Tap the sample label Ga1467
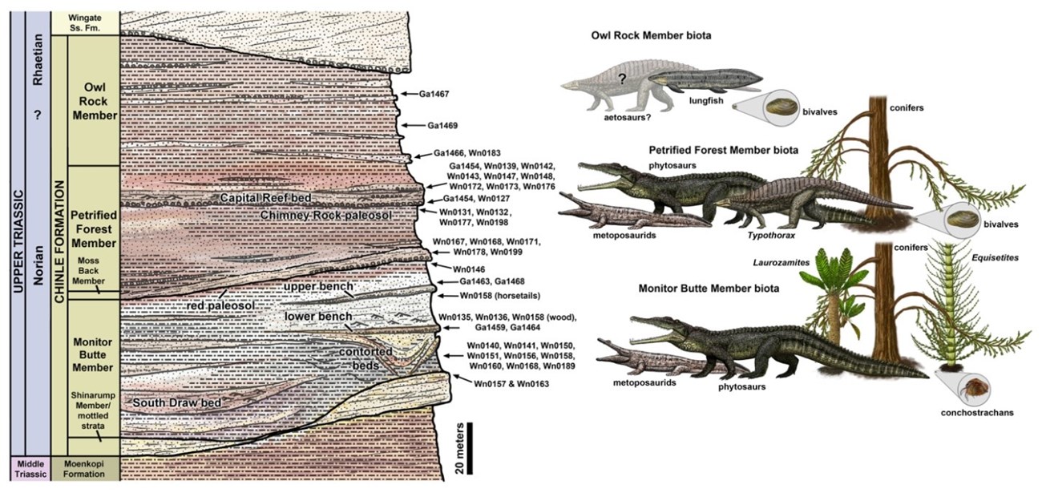point(433,94)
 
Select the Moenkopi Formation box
point(85,468)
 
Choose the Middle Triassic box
point(28,468)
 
